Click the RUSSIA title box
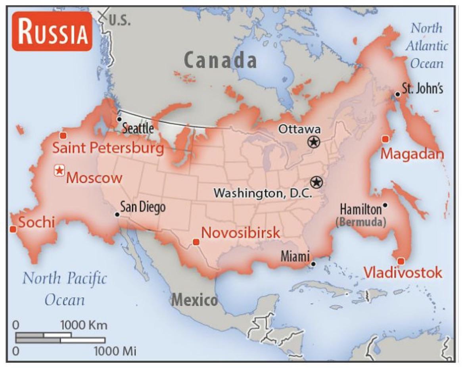(x=52, y=32)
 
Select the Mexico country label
(x=194, y=300)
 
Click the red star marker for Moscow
(x=59, y=171)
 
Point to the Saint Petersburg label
(x=108, y=148)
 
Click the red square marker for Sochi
(x=13, y=229)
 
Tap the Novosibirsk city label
(x=241, y=233)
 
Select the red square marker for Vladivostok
(x=401, y=261)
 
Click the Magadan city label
(x=412, y=154)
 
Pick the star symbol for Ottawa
(x=313, y=141)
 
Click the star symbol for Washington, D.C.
(x=316, y=182)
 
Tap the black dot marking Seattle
(x=119, y=119)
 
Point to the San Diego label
(x=143, y=207)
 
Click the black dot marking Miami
(x=313, y=264)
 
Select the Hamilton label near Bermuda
(x=360, y=209)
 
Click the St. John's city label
(x=422, y=89)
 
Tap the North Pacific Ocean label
(x=65, y=288)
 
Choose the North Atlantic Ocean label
(x=427, y=46)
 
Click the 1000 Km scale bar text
(x=84, y=325)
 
